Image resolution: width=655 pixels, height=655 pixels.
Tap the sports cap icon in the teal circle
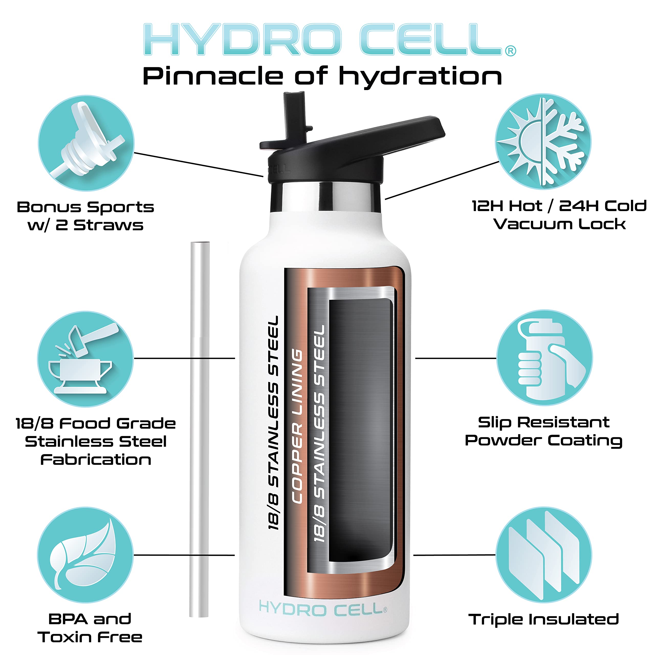coord(86,143)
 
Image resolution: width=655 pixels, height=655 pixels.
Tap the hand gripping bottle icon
coord(544,358)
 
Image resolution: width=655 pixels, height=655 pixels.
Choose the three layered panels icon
coord(544,555)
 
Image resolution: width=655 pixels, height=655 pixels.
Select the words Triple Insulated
coord(543,619)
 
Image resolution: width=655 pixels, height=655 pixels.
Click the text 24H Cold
coord(603,206)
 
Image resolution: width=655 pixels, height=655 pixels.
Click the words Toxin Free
coord(90,637)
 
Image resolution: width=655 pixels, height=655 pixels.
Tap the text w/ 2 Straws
coord(85,225)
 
